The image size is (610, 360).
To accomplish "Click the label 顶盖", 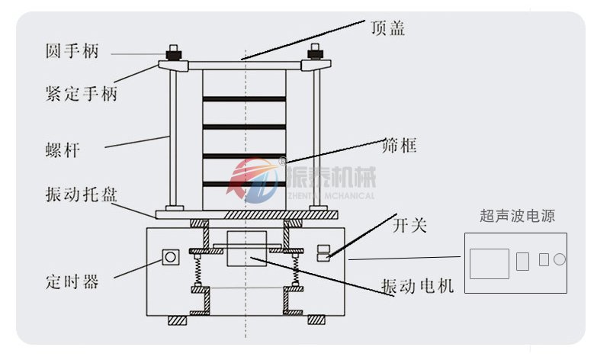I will point(387,29).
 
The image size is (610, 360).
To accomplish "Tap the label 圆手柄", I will point(71,53).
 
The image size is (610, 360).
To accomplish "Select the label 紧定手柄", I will point(81,95).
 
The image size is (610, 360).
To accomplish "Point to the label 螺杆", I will point(62,150).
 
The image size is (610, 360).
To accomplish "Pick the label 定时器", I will point(71,281).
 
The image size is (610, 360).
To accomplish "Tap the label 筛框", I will point(399,145).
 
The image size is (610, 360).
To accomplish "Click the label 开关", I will point(409,225).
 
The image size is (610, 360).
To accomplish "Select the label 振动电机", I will point(418,286).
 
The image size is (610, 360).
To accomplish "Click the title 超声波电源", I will point(518,217).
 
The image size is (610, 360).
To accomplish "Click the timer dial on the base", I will point(170,258).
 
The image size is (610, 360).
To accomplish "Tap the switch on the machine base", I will point(323,252).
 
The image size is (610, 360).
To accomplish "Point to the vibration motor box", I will point(245,249).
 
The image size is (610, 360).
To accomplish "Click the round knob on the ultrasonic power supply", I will point(559,259).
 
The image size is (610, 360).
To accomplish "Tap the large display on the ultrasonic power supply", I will point(489,263).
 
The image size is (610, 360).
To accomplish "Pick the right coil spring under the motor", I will point(295,269).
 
